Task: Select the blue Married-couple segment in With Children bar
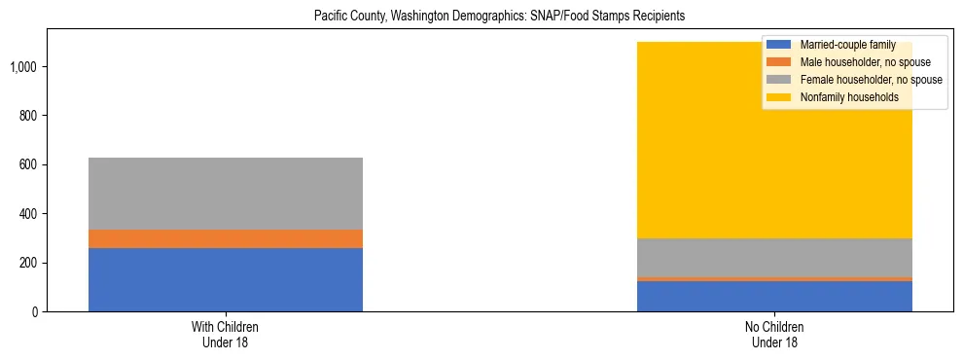pos(226,279)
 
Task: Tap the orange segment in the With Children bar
pos(226,238)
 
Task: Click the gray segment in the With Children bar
pos(226,193)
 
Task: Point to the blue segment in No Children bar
pos(774,296)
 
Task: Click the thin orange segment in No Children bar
pos(774,278)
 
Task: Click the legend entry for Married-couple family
pos(847,45)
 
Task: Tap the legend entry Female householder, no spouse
pos(865,80)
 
